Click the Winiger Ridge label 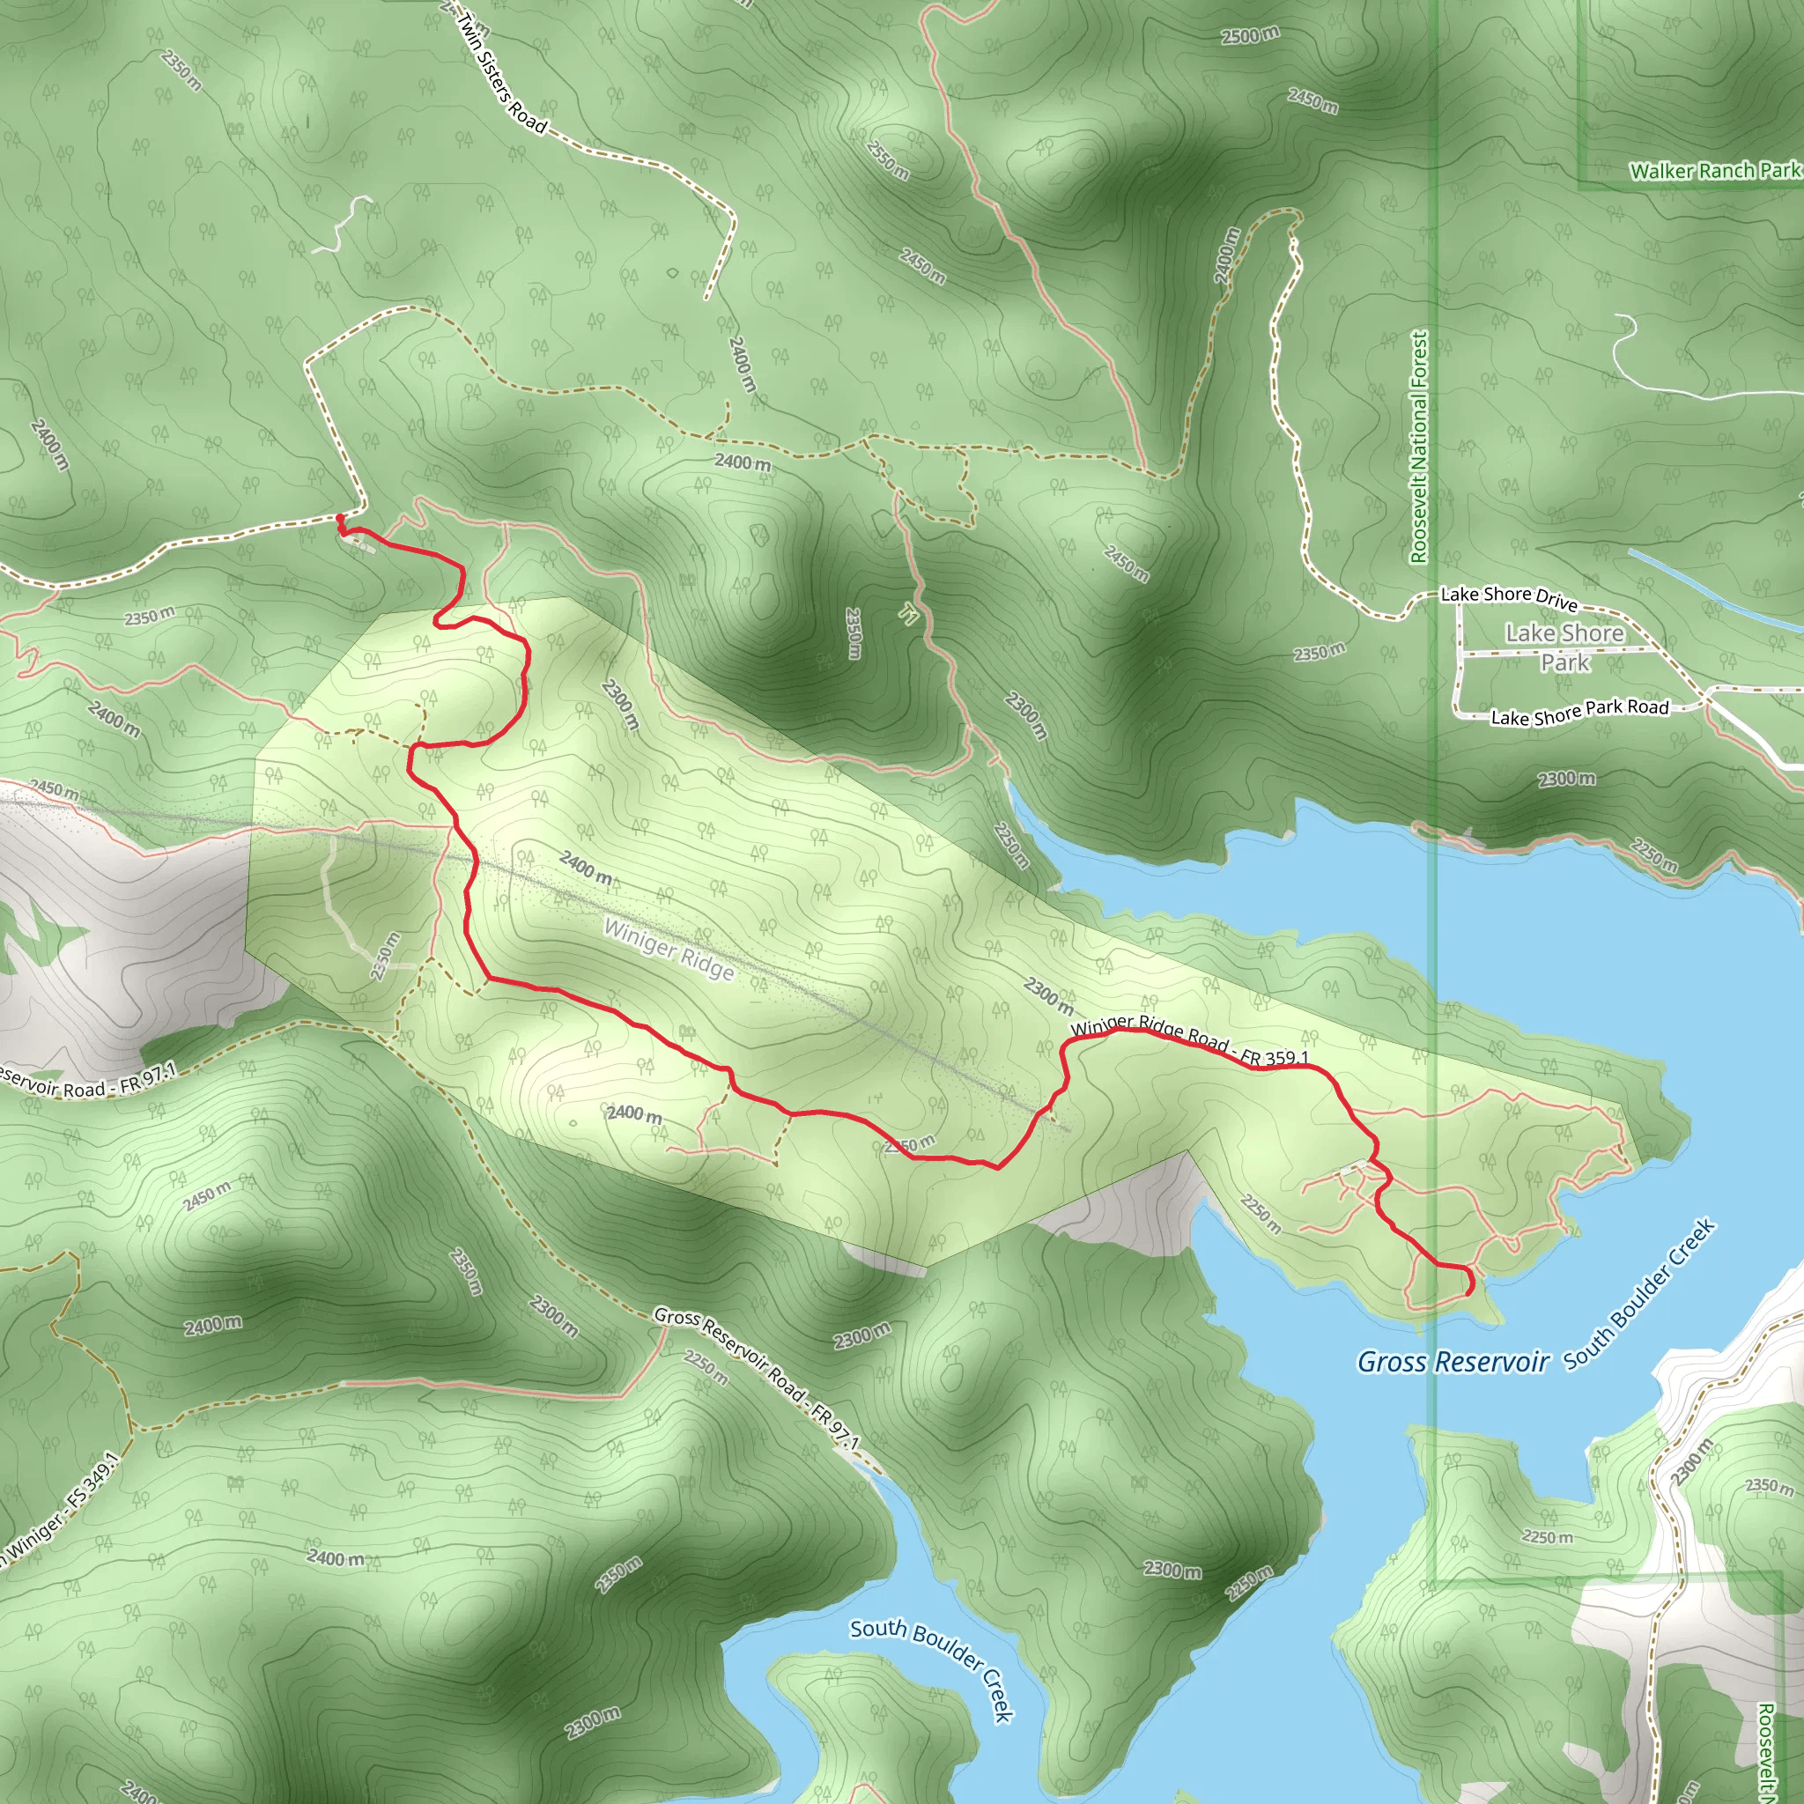coord(669,949)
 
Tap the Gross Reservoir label coord(1453,1363)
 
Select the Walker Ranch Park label coord(1715,171)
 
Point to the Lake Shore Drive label coord(1509,596)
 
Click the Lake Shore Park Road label coord(1580,713)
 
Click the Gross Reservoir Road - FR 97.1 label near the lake coord(756,1378)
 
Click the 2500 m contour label coord(1250,35)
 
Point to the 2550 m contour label coord(887,159)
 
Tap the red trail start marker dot coord(340,518)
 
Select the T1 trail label coord(908,613)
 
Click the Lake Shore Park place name coord(1565,647)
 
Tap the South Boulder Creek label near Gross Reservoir coord(1639,1293)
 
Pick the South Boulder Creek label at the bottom coord(932,1668)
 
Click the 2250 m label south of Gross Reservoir coord(1547,1537)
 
